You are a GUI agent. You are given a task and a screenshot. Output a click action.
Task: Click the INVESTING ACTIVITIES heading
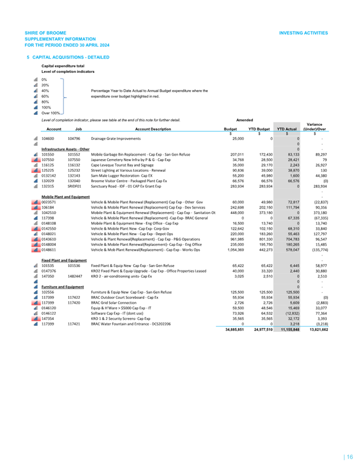coord(304,33)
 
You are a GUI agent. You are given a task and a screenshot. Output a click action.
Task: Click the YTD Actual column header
coord(288,129)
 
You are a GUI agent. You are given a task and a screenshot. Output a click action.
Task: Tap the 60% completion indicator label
coord(45,96)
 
